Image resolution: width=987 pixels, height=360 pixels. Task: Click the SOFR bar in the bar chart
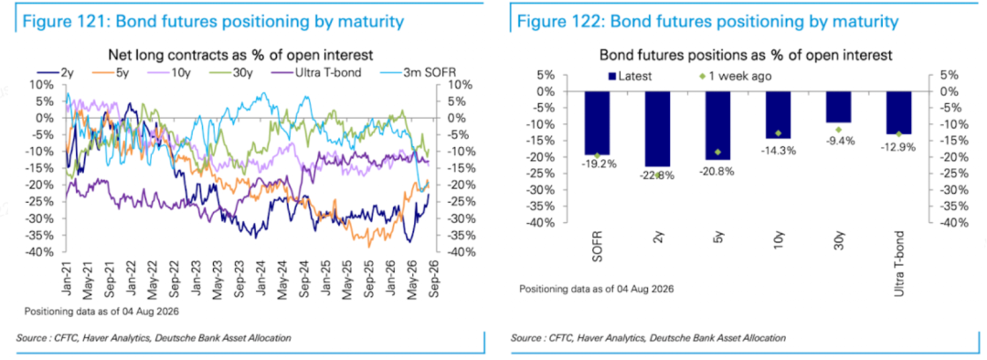tap(597, 122)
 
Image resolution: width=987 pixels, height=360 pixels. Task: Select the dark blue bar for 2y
tap(657, 129)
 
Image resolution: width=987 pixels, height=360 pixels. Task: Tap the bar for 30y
tap(838, 107)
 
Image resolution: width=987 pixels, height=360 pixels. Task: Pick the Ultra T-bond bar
tap(898, 112)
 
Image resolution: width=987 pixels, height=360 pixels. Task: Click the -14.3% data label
tap(778, 151)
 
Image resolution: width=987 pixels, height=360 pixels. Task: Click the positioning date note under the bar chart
tap(596, 289)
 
